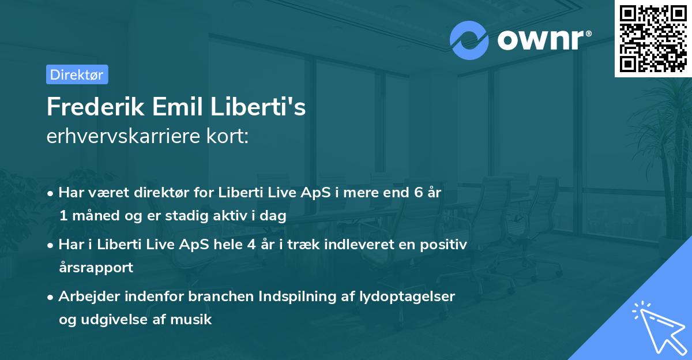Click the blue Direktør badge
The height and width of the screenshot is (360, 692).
click(x=77, y=74)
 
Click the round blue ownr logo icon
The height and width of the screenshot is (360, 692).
click(x=469, y=40)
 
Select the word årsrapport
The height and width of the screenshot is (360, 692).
click(x=96, y=267)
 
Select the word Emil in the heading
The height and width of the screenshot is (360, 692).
click(x=172, y=107)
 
